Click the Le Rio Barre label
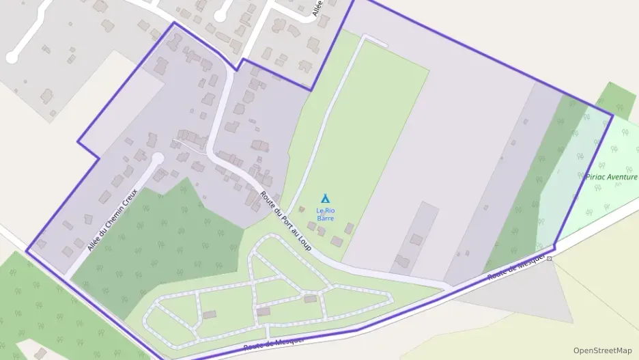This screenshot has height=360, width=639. point(325,214)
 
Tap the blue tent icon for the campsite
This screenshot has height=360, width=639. point(325,198)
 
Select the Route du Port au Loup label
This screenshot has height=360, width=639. point(285,221)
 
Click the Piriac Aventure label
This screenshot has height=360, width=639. point(612,176)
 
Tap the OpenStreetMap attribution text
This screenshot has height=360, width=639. point(602,350)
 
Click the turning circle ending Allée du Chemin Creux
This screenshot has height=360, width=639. point(157,158)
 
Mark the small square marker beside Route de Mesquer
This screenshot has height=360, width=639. point(549,259)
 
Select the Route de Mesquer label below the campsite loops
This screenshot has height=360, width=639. point(274,344)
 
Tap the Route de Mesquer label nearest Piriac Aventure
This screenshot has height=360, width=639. point(517,267)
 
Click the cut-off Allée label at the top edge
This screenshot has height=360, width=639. point(317,8)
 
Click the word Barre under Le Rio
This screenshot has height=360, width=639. point(325,218)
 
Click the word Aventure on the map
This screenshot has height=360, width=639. point(623,176)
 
